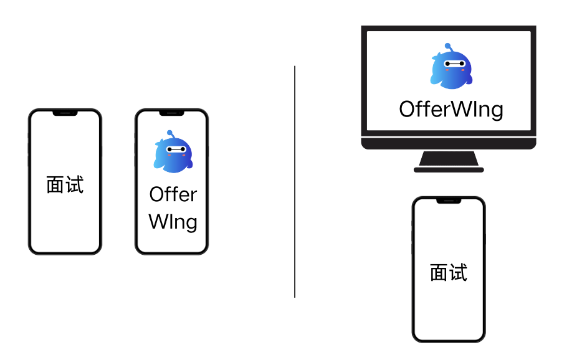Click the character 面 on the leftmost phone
pyautogui.click(x=55, y=185)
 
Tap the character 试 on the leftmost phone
pyautogui.click(x=75, y=185)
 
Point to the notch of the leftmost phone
pyautogui.click(x=65, y=113)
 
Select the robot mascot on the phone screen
pyautogui.click(x=173, y=153)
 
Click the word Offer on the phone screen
pyautogui.click(x=173, y=194)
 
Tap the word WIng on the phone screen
pyautogui.click(x=173, y=222)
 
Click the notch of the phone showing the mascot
pyautogui.click(x=171, y=113)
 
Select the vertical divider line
pyautogui.click(x=295, y=181)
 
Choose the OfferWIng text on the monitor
pyautogui.click(x=451, y=109)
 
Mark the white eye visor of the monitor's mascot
pyautogui.click(x=453, y=63)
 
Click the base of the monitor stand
pyautogui.click(x=449, y=169)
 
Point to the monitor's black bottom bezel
pyautogui.click(x=449, y=143)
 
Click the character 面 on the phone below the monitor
pyautogui.click(x=439, y=273)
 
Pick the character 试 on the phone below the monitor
pyautogui.click(x=459, y=273)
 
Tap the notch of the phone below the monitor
pyautogui.click(x=449, y=201)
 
